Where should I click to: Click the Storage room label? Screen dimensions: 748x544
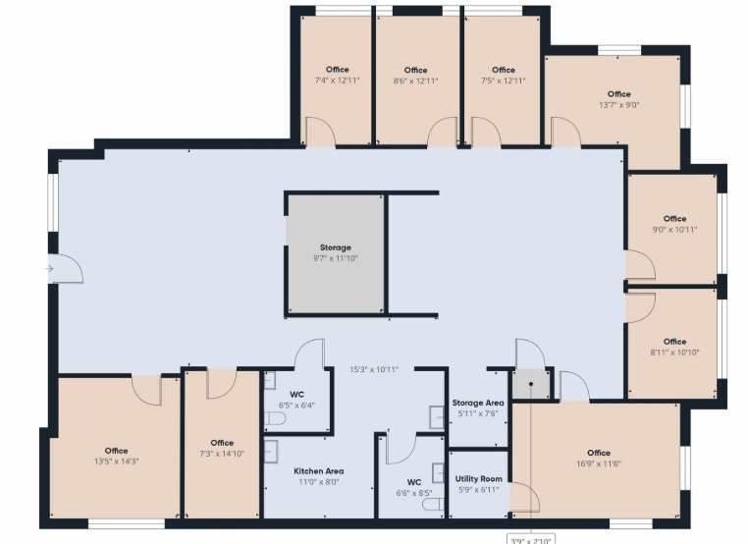click(336, 247)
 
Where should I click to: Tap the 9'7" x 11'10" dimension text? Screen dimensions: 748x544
click(336, 258)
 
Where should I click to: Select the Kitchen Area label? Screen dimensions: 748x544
click(319, 471)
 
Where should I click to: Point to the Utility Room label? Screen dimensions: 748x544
click(478, 478)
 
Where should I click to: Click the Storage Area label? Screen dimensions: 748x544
click(478, 403)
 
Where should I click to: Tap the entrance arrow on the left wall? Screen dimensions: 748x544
click(49, 269)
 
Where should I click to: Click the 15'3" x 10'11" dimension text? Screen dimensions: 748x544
click(374, 369)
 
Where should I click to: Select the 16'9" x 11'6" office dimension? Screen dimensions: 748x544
click(599, 463)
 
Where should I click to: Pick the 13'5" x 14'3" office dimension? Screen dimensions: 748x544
click(117, 462)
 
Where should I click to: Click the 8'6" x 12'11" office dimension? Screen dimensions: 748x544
click(415, 81)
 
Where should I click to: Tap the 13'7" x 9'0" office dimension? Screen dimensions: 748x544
click(619, 105)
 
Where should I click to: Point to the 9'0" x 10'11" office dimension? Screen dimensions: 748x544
click(674, 230)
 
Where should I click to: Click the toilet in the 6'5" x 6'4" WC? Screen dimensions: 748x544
click(275, 419)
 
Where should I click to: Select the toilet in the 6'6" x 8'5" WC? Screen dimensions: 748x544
click(433, 505)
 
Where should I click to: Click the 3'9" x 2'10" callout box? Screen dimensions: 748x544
click(531, 540)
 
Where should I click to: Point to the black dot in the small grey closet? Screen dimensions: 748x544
click(531, 384)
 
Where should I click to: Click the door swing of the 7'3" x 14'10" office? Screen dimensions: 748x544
click(221, 383)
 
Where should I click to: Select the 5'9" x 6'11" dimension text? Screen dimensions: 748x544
click(478, 490)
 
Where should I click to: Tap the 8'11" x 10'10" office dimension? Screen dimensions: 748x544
click(674, 353)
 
